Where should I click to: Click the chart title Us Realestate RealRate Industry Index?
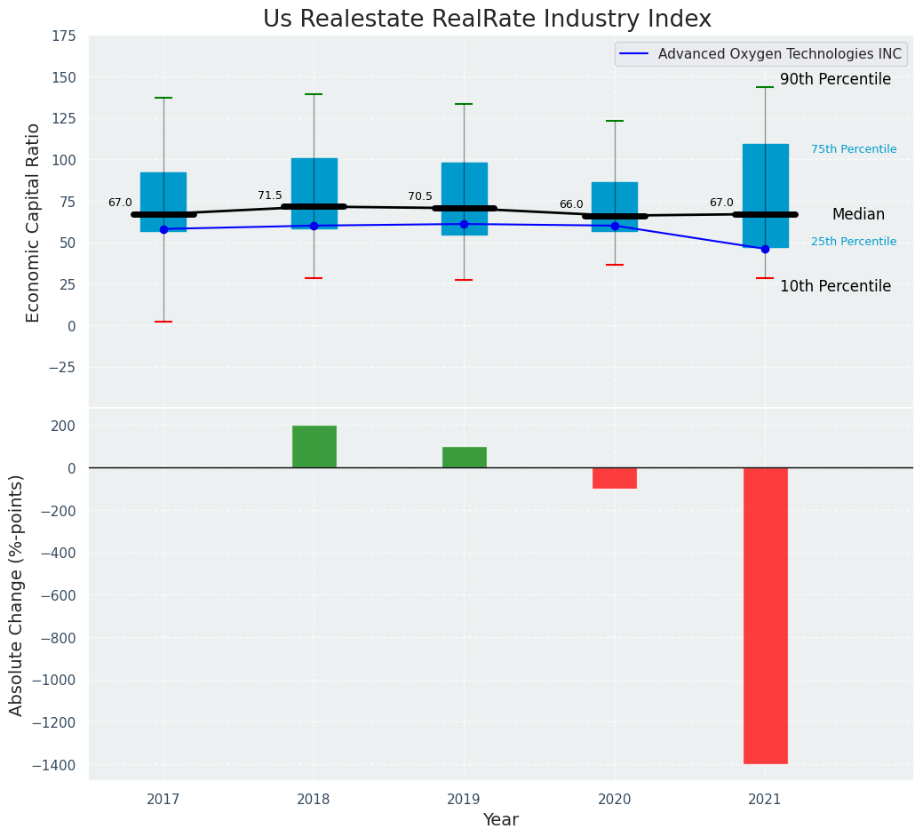tap(487, 20)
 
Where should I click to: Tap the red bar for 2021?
tap(765, 615)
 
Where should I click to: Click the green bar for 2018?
tap(314, 446)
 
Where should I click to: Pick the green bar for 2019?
tap(464, 457)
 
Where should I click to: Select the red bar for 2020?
tap(615, 478)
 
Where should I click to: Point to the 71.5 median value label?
tap(270, 196)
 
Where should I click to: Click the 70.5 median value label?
tap(420, 197)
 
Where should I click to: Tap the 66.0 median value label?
tap(571, 205)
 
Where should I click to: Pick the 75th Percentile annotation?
tap(854, 149)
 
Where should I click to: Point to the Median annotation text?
tap(858, 215)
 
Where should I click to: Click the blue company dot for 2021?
tap(765, 249)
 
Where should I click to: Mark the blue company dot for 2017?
tap(163, 229)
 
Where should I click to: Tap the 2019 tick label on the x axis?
tap(464, 799)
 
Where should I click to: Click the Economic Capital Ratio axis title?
tap(34, 222)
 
